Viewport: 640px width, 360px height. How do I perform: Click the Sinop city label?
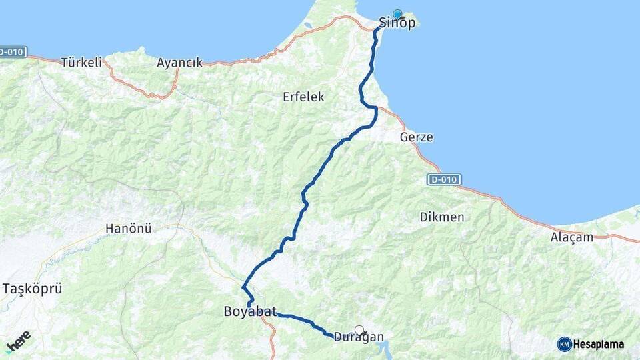[398, 23]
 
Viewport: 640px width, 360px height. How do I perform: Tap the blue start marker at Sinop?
[398, 14]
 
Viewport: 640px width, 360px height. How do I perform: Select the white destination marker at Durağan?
[359, 329]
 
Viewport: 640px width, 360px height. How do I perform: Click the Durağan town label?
[359, 337]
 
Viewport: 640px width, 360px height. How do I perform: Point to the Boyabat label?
[250, 311]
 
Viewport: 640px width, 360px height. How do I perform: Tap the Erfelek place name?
[303, 97]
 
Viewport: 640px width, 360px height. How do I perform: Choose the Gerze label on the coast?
[417, 137]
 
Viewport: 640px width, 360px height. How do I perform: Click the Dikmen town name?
[442, 217]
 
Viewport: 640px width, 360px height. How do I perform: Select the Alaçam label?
[572, 237]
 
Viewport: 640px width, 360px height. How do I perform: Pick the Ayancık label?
[179, 63]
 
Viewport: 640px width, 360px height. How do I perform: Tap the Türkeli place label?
[81, 63]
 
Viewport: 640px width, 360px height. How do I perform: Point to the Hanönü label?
[129, 228]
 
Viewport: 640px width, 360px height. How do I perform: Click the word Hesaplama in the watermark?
[599, 344]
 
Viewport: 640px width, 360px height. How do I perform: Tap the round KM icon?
[564, 344]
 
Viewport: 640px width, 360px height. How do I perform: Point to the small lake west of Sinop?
[308, 27]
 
